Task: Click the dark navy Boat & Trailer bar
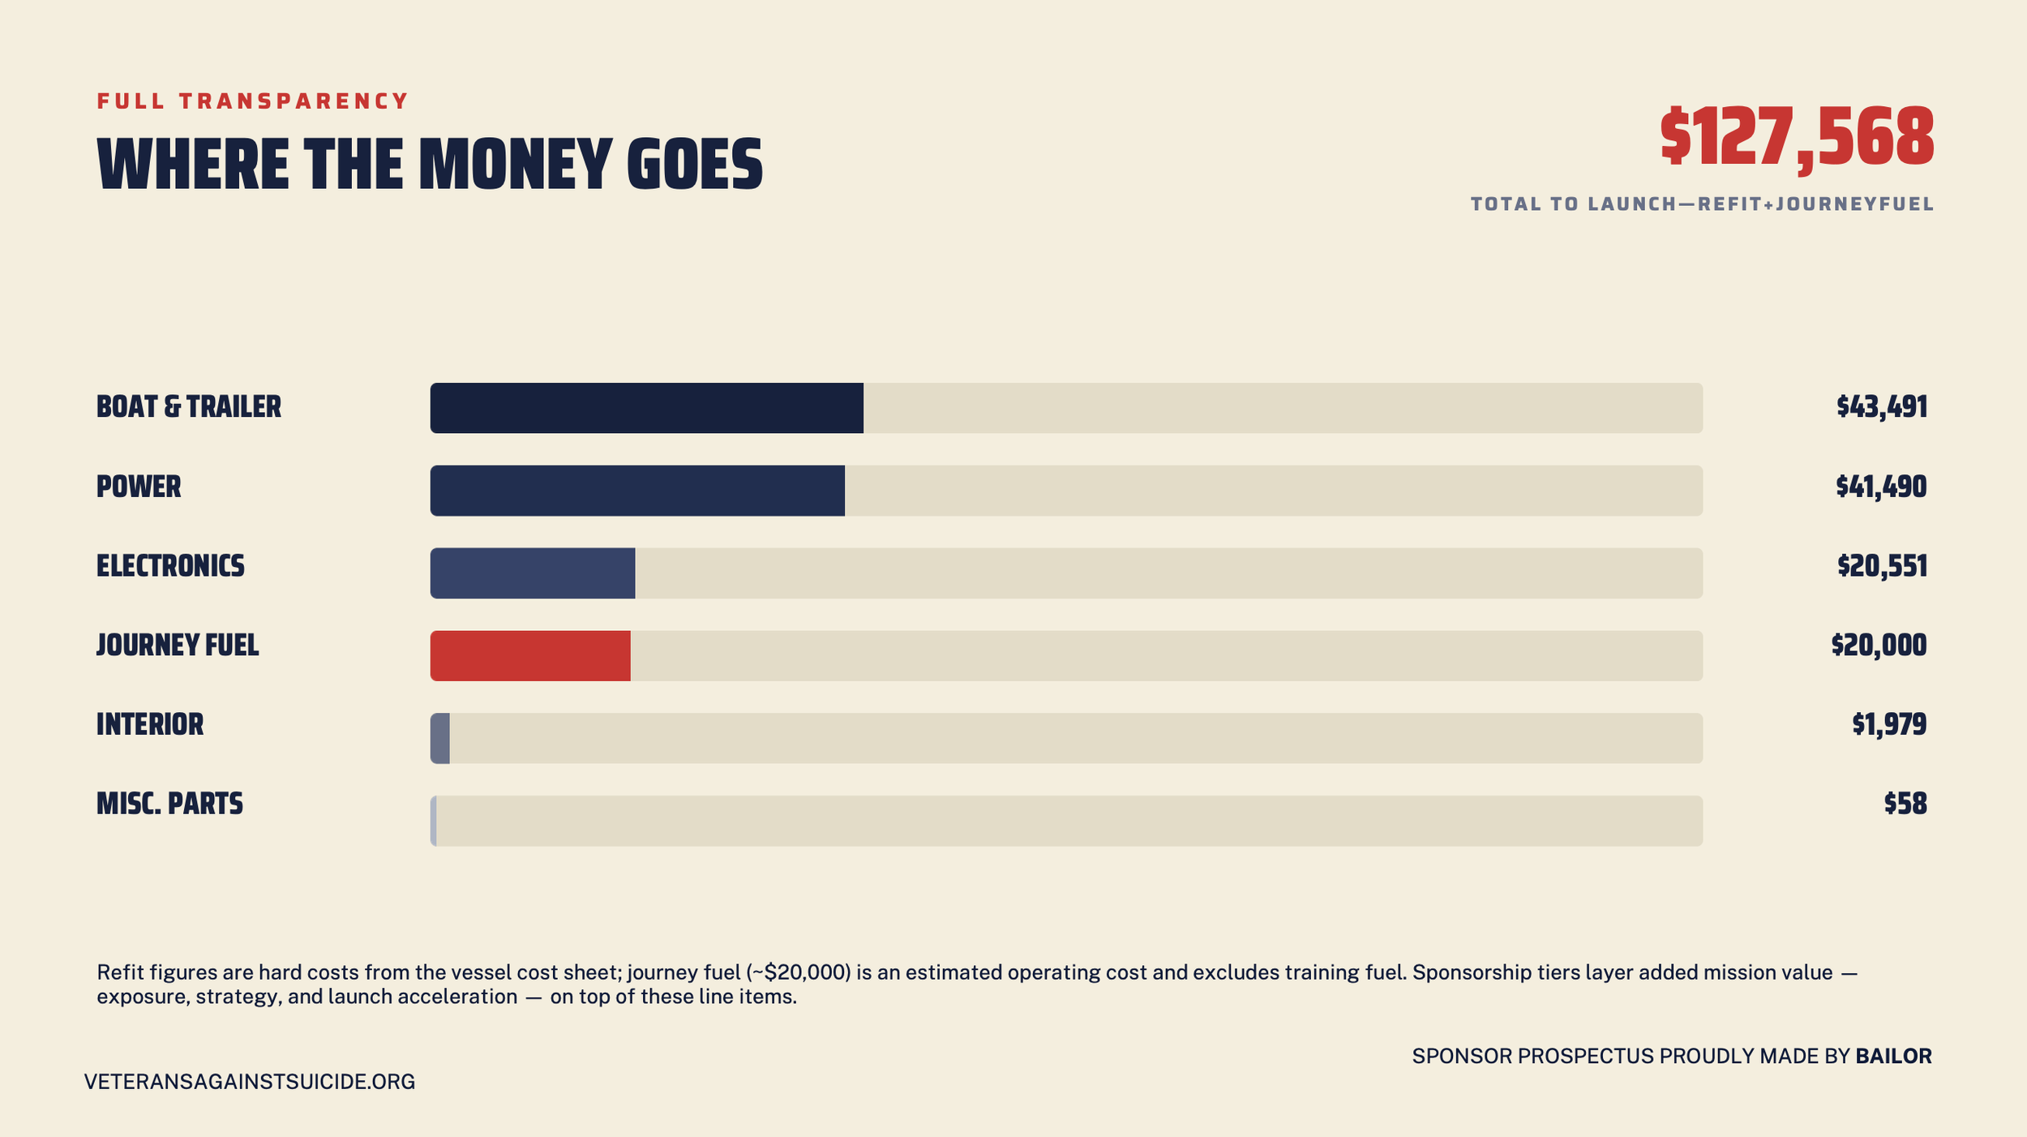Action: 646,408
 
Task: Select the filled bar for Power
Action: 637,491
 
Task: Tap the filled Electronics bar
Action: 533,573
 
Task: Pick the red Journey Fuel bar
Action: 530,655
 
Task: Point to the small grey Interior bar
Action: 440,738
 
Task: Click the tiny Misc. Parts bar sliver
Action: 434,821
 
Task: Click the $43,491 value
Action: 1881,407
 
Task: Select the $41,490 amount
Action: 1881,487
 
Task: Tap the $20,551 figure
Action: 1882,566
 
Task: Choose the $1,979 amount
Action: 1889,724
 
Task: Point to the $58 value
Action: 1905,804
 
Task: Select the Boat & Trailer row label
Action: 189,407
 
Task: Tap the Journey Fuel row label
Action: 178,646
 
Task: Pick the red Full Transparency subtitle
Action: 253,101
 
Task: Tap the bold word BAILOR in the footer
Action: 1894,1056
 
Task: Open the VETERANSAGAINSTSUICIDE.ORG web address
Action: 250,1082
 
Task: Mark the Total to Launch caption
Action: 1703,204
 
